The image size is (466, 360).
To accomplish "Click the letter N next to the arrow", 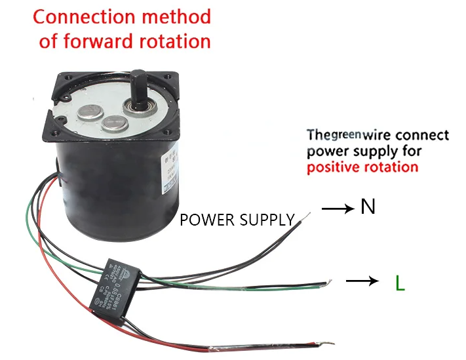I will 368,207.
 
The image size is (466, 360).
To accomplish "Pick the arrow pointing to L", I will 362,281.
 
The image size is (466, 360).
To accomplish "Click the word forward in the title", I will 100,41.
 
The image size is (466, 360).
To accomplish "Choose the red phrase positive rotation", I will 362,167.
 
